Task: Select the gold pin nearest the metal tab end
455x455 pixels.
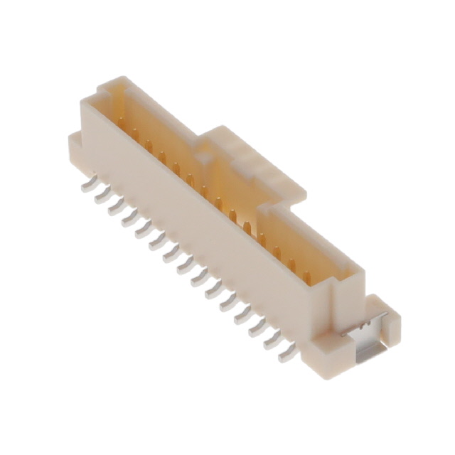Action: (x=306, y=275)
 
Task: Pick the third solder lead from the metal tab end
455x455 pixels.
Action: (x=257, y=328)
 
